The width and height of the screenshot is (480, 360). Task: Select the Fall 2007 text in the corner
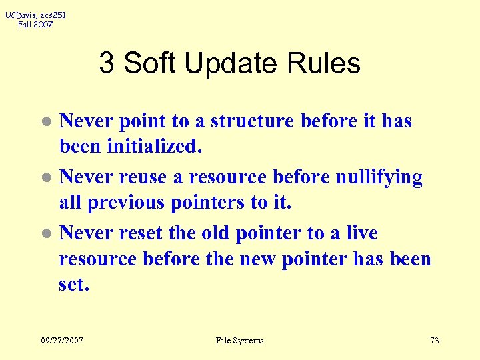[35, 25]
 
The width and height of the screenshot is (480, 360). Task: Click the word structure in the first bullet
[253, 121]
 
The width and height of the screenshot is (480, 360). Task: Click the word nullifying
[379, 178]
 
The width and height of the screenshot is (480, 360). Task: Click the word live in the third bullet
[361, 233]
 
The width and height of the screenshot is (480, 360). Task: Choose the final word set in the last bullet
[73, 285]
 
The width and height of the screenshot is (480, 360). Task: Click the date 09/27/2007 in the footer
[62, 341]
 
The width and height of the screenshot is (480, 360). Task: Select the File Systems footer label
[239, 341]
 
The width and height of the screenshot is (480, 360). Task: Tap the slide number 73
[434, 341]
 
